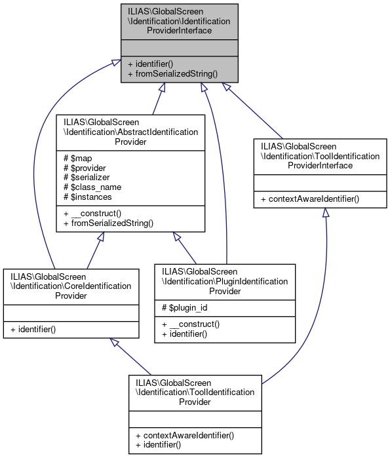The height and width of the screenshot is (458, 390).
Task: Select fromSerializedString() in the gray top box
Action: [x=172, y=74]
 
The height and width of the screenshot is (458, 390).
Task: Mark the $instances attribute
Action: [x=87, y=197]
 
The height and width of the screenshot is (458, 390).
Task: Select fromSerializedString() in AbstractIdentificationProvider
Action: [x=107, y=223]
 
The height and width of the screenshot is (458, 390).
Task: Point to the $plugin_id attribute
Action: [x=185, y=308]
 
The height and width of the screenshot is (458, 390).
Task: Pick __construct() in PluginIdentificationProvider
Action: [x=189, y=324]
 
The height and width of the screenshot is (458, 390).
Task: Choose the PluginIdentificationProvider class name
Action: [x=225, y=281]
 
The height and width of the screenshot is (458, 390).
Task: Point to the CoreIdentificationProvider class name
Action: [x=71, y=286]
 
